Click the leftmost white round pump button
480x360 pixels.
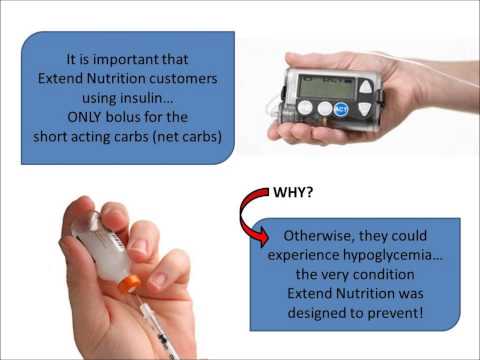pyautogui.click(x=306, y=107)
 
